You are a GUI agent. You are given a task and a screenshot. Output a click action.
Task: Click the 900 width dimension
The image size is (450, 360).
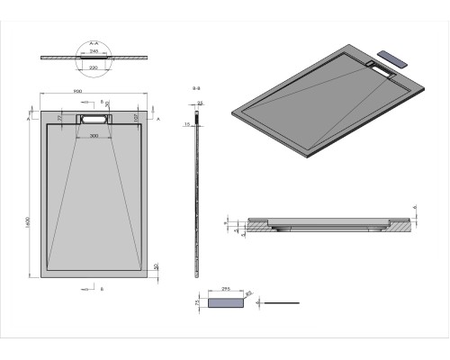click(93, 91)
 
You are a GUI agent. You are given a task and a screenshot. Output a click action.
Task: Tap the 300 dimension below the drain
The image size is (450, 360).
click(94, 136)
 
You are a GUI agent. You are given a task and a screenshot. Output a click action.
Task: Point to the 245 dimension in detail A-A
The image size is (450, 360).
click(94, 49)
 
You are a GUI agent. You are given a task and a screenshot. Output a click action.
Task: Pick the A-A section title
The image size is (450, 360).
click(94, 42)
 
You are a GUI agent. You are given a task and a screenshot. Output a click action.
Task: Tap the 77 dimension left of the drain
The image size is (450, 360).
click(59, 117)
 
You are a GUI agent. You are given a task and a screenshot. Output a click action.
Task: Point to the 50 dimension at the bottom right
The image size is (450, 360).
click(157, 267)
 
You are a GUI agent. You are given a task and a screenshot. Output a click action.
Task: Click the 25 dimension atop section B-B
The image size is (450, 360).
click(202, 104)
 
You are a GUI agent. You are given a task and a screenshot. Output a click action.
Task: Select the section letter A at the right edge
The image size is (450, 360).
click(158, 118)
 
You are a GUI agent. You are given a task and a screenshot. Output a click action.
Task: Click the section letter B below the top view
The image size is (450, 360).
click(102, 290)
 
